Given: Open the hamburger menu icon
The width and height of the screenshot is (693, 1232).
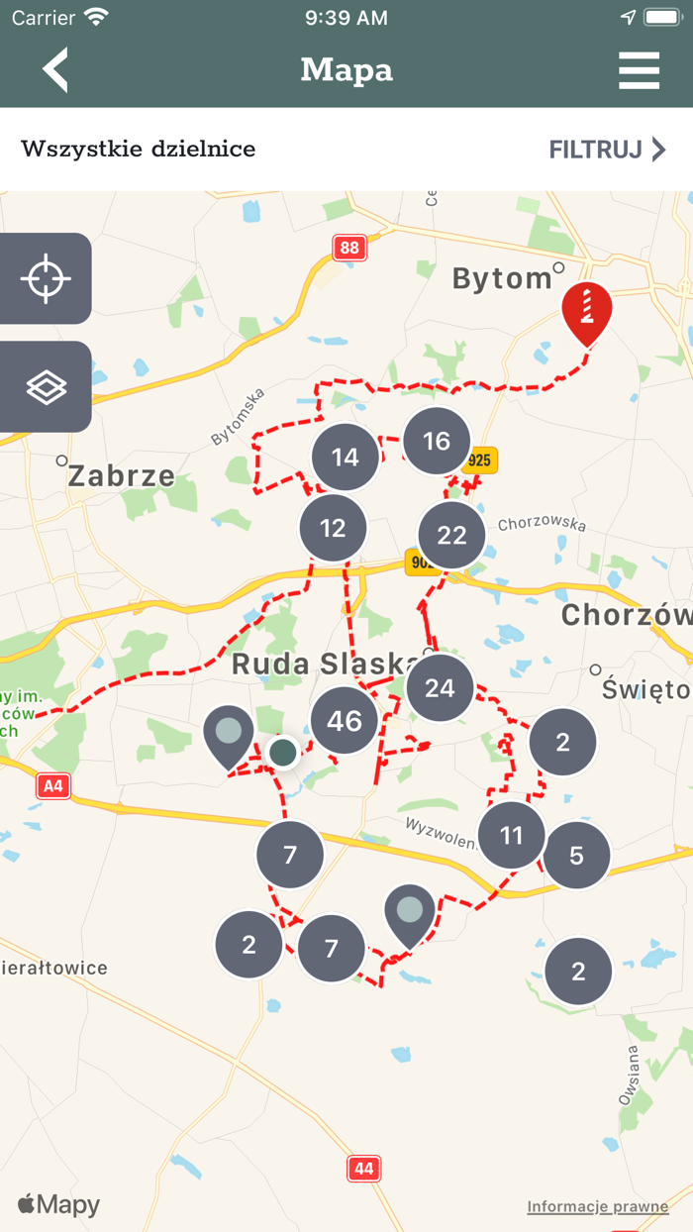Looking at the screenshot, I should [x=639, y=70].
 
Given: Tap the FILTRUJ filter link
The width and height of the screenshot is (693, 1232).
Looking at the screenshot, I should [x=607, y=150].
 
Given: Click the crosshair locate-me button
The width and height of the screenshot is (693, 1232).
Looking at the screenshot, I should [x=46, y=278].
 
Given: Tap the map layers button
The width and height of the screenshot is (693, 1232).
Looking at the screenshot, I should [x=46, y=387].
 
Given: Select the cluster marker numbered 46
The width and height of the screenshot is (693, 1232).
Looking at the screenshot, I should [x=345, y=720].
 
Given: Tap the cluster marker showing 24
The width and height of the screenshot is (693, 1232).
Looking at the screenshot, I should [x=440, y=687].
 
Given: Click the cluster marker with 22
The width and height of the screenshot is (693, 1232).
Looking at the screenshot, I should [x=451, y=536].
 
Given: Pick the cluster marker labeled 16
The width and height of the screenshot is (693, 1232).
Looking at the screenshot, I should [x=437, y=442].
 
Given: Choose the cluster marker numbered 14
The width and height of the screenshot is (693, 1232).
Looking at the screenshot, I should [x=346, y=458].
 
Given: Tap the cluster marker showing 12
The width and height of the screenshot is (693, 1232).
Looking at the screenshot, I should [x=333, y=527].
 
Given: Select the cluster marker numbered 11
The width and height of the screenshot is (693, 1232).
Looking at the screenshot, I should [x=511, y=836].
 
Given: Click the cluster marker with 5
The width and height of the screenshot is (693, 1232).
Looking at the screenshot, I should [x=576, y=855].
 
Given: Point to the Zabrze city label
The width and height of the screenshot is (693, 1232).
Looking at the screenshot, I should [x=121, y=476].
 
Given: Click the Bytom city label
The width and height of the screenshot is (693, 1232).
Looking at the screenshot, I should [x=502, y=279].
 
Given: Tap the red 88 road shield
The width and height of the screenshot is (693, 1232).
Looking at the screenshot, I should [x=349, y=248].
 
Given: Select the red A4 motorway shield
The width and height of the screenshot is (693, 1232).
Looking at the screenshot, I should [x=53, y=786].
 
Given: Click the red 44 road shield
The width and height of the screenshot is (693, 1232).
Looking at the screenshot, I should [x=364, y=1169].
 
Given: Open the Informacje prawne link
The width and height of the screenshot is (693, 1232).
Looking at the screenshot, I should [x=597, y=1206].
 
